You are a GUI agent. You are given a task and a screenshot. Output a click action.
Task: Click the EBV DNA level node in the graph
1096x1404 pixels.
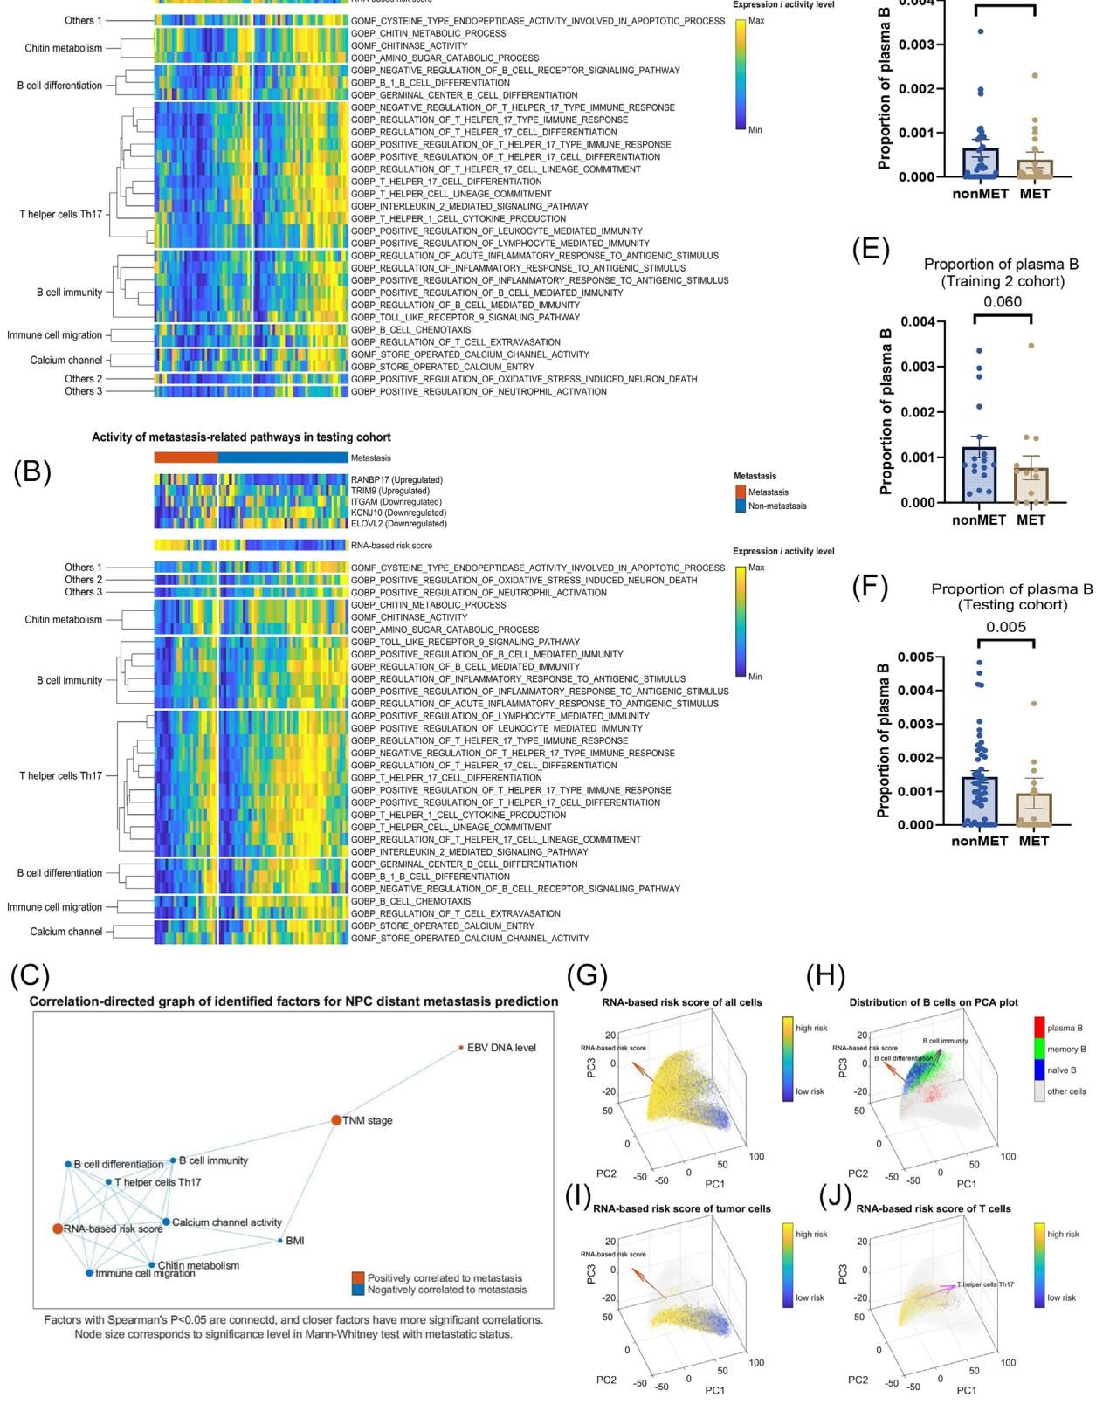point(461,1047)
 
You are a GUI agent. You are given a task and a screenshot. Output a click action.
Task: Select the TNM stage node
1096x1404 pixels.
point(336,1119)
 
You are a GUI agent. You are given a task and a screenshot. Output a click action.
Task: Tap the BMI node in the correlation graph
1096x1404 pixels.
point(280,1240)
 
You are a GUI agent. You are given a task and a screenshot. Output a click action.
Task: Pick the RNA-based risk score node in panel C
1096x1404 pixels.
point(57,1228)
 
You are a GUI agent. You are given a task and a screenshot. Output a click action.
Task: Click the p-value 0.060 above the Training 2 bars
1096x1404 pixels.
point(1002,302)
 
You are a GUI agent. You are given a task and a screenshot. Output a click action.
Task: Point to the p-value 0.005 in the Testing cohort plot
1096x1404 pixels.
point(1006,627)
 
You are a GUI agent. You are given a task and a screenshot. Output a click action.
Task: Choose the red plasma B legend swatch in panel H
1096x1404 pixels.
point(1038,1028)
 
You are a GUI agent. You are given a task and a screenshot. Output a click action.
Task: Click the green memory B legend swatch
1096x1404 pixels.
point(1038,1049)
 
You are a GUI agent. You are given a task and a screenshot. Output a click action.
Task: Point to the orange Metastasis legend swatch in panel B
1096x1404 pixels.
point(740,492)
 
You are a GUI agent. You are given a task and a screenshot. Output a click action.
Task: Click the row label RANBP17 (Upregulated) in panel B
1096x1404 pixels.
point(396,479)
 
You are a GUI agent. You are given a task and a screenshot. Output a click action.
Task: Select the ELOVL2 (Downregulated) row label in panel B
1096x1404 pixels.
point(398,524)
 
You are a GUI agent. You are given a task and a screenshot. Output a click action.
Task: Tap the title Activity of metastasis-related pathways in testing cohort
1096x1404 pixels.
point(241,437)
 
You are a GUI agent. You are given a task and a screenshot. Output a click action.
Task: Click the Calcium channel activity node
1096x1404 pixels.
point(166,1222)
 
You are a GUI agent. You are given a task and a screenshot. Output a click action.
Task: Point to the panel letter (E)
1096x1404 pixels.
point(870,251)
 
